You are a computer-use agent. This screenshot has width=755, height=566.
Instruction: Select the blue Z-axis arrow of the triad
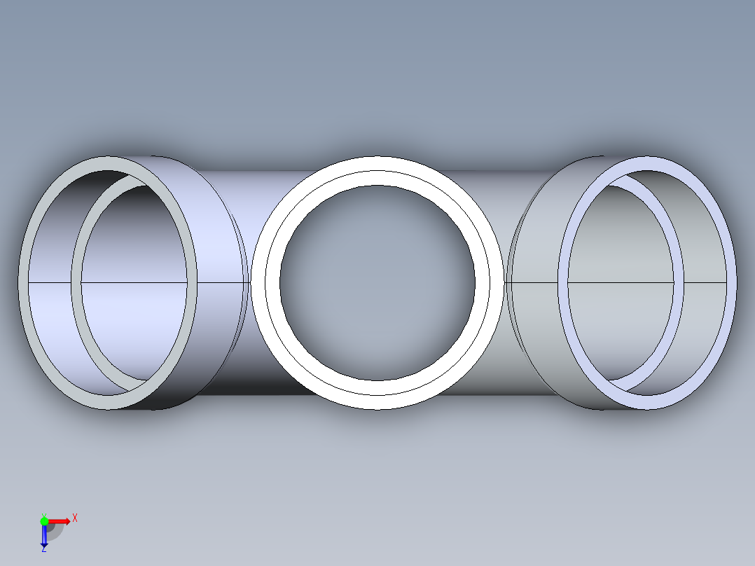coord(44,535)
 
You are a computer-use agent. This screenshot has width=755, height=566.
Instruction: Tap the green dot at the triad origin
coord(44,520)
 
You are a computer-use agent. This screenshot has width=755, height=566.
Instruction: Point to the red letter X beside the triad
coord(74,518)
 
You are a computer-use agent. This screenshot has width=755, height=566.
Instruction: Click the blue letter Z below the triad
coord(43,550)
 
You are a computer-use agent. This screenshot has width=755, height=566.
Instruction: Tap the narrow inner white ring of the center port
coord(377,178)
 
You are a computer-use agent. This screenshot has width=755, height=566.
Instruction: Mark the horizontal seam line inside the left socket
coord(49,282)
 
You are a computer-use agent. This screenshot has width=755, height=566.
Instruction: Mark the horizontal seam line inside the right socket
coord(700,282)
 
